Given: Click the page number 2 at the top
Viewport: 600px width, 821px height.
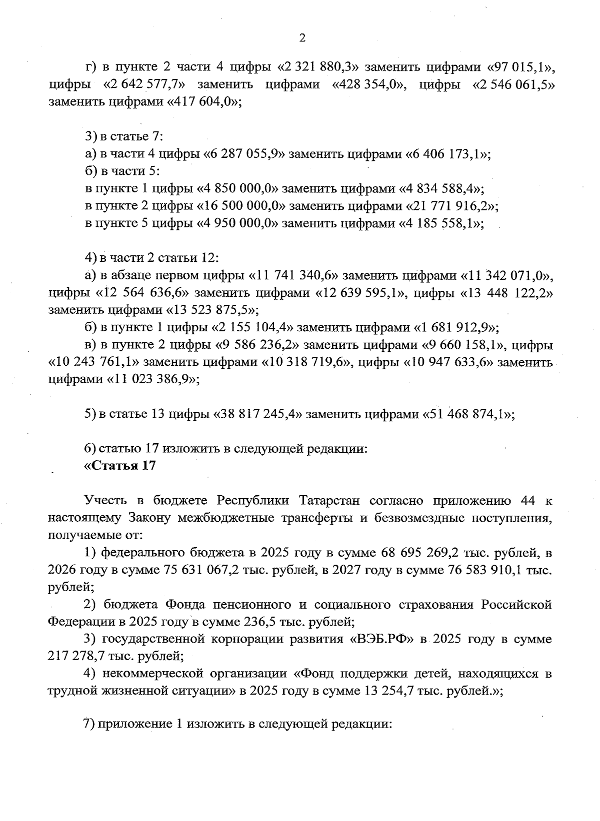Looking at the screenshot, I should click(x=301, y=38).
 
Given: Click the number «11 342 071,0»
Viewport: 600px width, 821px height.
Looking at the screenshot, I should click(x=505, y=275).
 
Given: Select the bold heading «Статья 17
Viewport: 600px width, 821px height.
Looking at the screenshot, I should click(x=120, y=466).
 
